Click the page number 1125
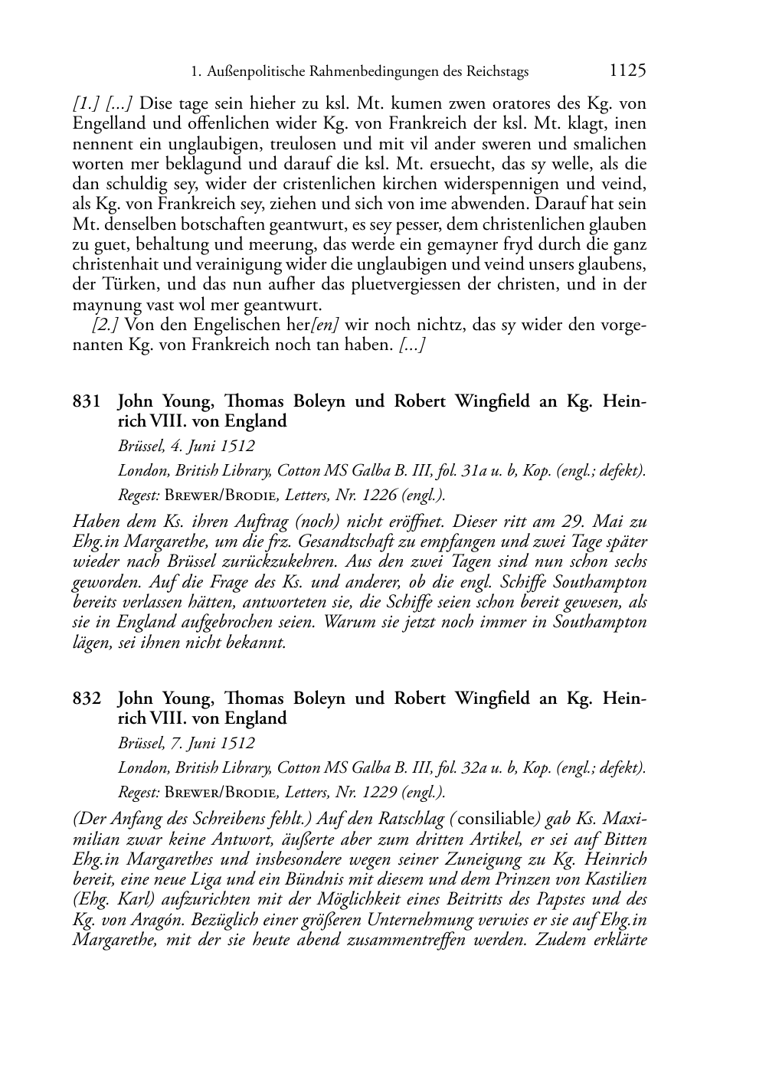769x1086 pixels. [628, 71]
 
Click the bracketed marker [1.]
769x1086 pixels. [85, 103]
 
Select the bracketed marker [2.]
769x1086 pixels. [106, 324]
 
